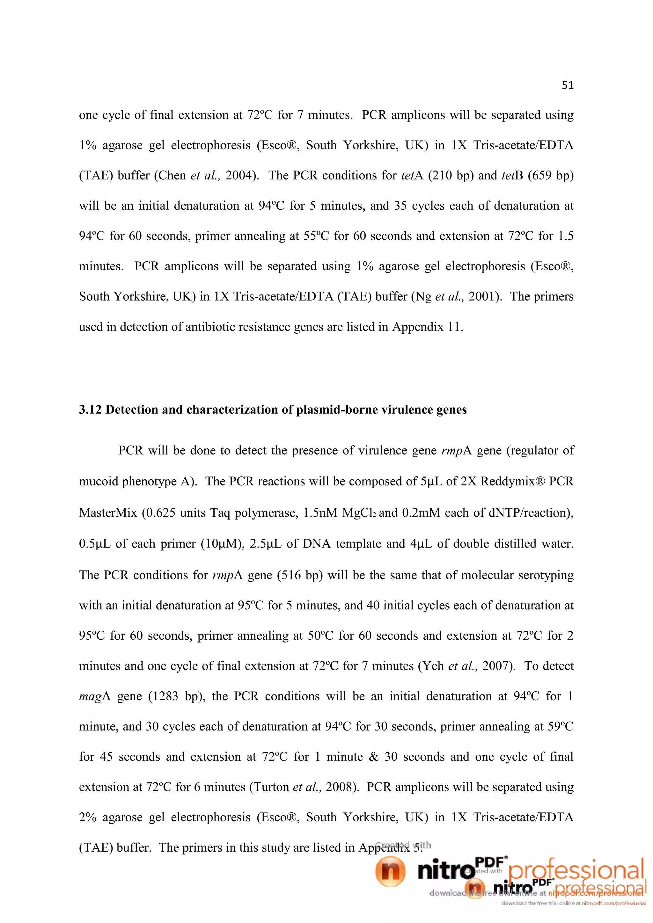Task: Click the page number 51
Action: point(567,85)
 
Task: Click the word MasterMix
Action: point(108,513)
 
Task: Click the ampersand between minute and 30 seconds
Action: point(374,757)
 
